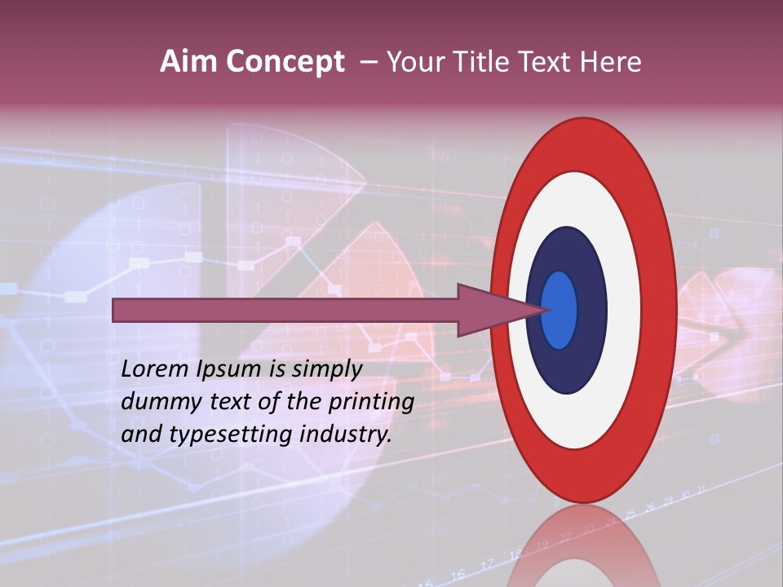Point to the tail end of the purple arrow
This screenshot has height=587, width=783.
[115, 310]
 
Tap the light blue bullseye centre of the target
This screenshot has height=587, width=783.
[560, 310]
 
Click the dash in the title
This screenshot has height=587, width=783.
[369, 62]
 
